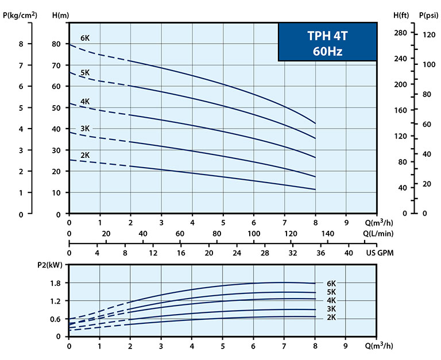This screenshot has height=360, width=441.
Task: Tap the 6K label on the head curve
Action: tap(85, 38)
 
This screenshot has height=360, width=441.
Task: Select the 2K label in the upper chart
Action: tap(85, 155)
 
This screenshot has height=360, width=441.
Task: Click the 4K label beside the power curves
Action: tap(331, 300)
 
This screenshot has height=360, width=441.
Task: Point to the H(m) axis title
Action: tap(60, 16)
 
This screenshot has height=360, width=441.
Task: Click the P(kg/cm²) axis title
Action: tap(20, 16)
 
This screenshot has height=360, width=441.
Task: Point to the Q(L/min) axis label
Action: tap(379, 234)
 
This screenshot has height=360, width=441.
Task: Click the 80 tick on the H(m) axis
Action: tap(56, 44)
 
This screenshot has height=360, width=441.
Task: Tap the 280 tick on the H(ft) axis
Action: tap(400, 33)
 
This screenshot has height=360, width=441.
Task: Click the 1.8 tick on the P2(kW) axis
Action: tap(55, 283)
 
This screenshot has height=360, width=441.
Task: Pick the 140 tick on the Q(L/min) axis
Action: tap(327, 234)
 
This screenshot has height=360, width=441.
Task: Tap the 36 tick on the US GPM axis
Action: tap(321, 253)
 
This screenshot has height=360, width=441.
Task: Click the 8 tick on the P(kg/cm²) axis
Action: tap(22, 44)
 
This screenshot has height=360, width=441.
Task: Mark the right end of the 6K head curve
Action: tap(315, 123)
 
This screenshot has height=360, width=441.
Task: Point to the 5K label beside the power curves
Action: tap(331, 292)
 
